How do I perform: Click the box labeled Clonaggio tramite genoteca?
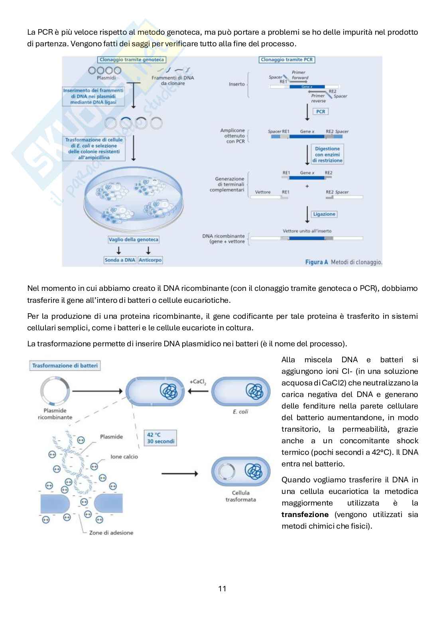pyautogui.click(x=132, y=59)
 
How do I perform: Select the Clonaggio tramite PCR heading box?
pyautogui.click(x=287, y=59)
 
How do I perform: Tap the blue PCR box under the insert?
pyautogui.click(x=321, y=111)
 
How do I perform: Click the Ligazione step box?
pyautogui.click(x=324, y=214)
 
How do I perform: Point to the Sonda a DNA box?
pyautogui.click(x=120, y=260)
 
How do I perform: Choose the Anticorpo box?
pyautogui.click(x=150, y=260)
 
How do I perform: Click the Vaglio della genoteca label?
pyautogui.click(x=134, y=239)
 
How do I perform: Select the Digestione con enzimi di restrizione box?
pyautogui.click(x=327, y=154)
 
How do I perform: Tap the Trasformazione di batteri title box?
pyautogui.click(x=65, y=365)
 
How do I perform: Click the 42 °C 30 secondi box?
pyautogui.click(x=160, y=438)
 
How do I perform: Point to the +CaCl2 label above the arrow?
pyautogui.click(x=198, y=382)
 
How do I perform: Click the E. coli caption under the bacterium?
pyautogui.click(x=240, y=411)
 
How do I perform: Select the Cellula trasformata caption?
pyautogui.click(x=240, y=496)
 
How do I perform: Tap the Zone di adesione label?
pyautogui.click(x=111, y=532)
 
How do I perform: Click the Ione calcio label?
pyautogui.click(x=124, y=456)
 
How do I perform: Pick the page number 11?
pyautogui.click(x=222, y=589)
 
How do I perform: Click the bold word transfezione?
pyautogui.click(x=305, y=514)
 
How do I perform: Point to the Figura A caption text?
pyautogui.click(x=343, y=262)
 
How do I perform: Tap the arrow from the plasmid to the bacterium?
pyautogui.click(x=97, y=391)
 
